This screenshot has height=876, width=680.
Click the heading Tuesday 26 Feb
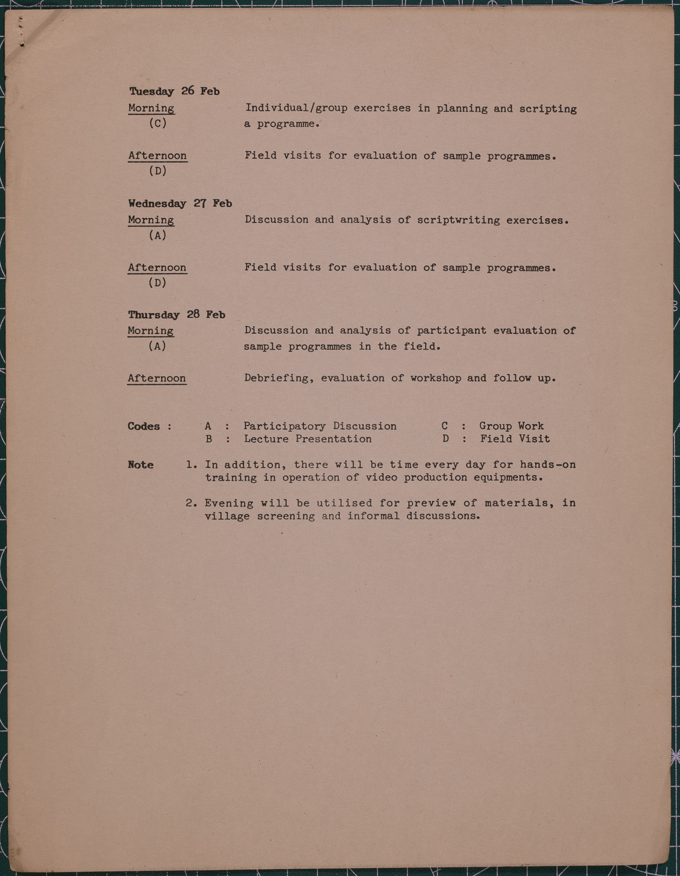click(x=174, y=92)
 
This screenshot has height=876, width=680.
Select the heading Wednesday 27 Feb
click(x=180, y=203)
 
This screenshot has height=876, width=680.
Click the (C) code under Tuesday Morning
click(x=158, y=123)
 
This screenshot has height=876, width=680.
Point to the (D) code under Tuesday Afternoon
click(x=158, y=171)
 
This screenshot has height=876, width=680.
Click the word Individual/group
click(x=296, y=108)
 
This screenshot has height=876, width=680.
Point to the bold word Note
click(x=141, y=465)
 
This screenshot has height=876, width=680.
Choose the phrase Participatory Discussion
click(x=320, y=426)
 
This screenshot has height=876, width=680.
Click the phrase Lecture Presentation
click(x=308, y=439)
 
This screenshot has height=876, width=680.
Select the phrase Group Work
click(x=511, y=426)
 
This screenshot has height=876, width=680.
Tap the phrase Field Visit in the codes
click(x=515, y=439)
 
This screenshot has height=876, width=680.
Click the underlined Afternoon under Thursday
click(x=157, y=379)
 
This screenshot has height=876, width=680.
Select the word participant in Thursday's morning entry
click(x=451, y=331)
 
